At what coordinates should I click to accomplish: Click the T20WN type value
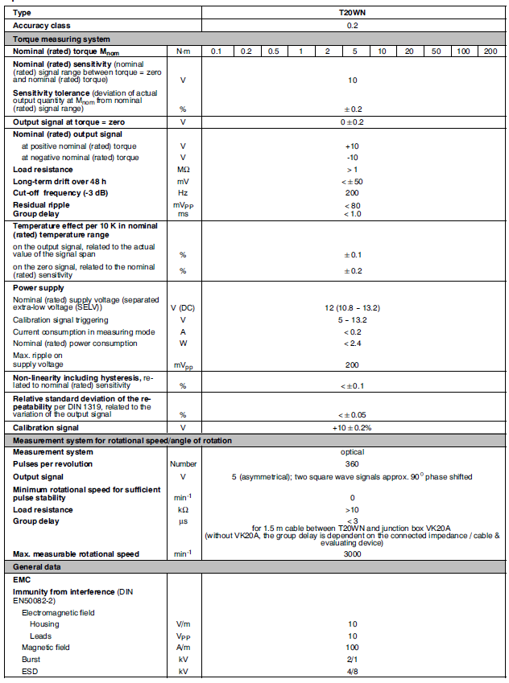pyautogui.click(x=352, y=13)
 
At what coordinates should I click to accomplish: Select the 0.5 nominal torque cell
pyautogui.click(x=274, y=51)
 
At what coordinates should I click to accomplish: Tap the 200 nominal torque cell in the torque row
pyautogui.click(x=490, y=51)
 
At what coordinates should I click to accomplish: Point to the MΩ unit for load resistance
pyautogui.click(x=183, y=170)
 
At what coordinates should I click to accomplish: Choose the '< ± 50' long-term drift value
pyautogui.click(x=352, y=182)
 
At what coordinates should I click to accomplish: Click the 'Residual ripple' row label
pyautogui.click(x=39, y=205)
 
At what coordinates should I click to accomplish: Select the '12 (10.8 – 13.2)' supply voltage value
pyautogui.click(x=352, y=309)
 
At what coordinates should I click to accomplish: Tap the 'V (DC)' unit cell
pyautogui.click(x=183, y=309)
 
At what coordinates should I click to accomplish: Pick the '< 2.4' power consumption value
pyautogui.click(x=352, y=344)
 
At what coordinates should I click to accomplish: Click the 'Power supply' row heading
pyautogui.click(x=39, y=288)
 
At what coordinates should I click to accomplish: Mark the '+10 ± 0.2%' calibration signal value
pyautogui.click(x=352, y=428)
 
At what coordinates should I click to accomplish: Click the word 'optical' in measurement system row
pyautogui.click(x=352, y=452)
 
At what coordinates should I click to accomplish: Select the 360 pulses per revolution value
pyautogui.click(x=352, y=464)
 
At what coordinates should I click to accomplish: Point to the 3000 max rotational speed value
pyautogui.click(x=352, y=554)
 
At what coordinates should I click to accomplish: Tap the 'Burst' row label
pyautogui.click(x=32, y=659)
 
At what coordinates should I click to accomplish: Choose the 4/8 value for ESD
pyautogui.click(x=352, y=671)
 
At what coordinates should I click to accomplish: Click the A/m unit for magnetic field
pyautogui.click(x=183, y=647)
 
